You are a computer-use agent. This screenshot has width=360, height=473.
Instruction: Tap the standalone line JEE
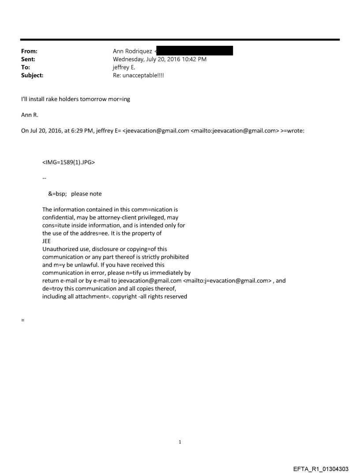[46, 241]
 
